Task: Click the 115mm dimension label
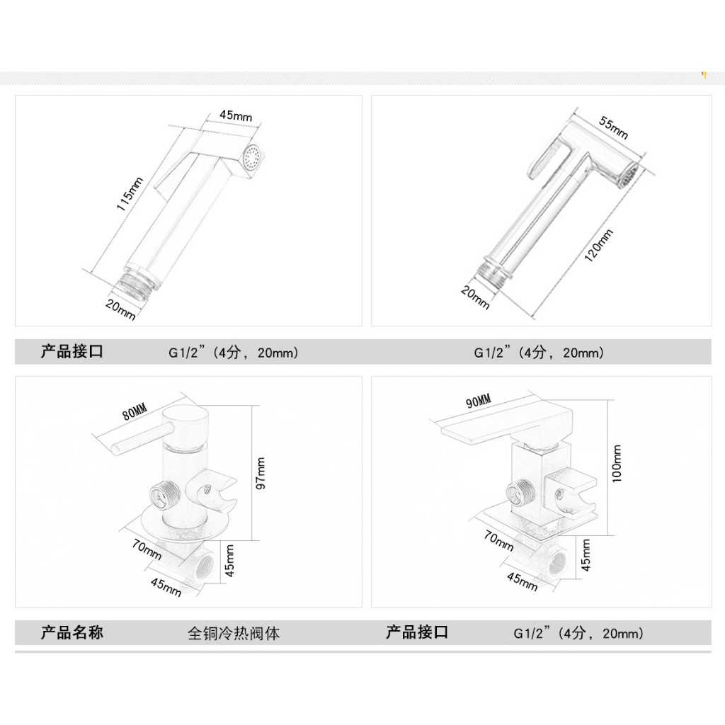[x=130, y=194]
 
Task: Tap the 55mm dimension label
[x=614, y=127]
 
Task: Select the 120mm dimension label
[x=599, y=246]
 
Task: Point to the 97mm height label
[x=261, y=473]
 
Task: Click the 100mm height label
[x=617, y=464]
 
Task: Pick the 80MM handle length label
[x=135, y=411]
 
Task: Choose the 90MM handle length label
[x=479, y=401]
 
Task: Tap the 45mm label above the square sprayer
[x=236, y=115]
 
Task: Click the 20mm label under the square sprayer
[x=120, y=310]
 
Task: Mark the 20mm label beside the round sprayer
[x=475, y=298]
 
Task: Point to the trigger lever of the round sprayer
[x=547, y=159]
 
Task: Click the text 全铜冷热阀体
[x=234, y=633]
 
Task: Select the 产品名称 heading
[x=72, y=632]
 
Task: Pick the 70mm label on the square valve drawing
[x=499, y=540]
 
